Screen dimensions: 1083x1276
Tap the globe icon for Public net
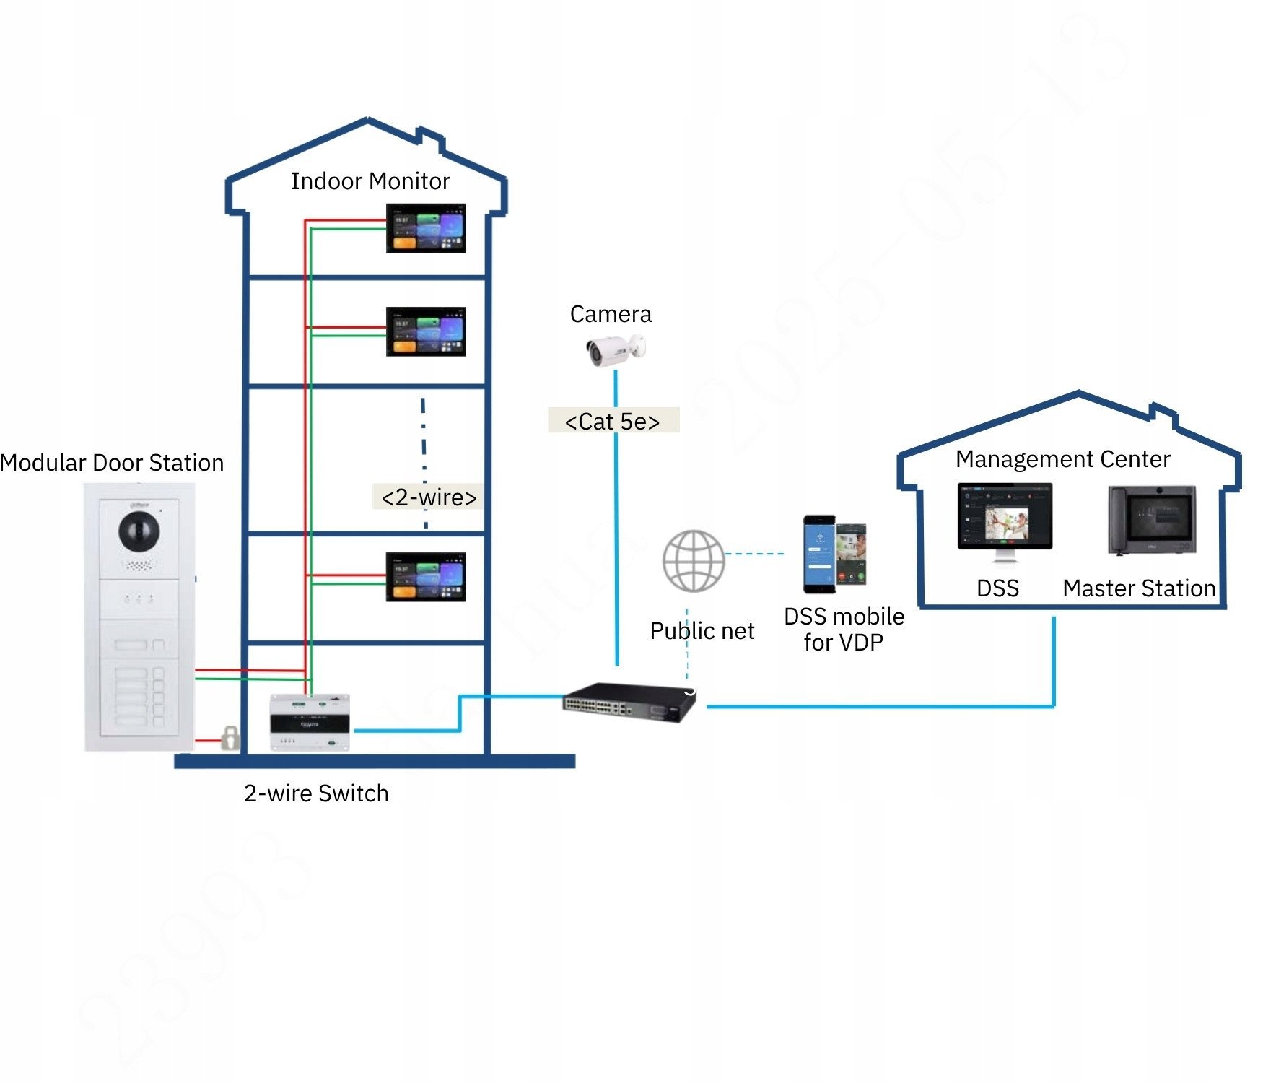[693, 561]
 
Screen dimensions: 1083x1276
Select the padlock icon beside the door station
[230, 738]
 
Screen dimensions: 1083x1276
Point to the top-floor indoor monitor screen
[426, 228]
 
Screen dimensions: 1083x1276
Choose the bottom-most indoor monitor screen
[426, 577]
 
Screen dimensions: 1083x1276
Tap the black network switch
[628, 701]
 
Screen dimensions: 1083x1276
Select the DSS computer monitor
[1005, 518]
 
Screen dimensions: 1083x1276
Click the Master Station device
[1152, 520]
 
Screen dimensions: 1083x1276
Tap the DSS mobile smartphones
[834, 554]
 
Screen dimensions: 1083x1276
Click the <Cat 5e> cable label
[613, 421]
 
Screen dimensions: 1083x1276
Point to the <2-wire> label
[429, 497]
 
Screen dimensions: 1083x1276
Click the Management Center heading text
[1062, 459]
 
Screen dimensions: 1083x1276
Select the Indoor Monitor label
[370, 181]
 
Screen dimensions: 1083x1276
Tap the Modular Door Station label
[112, 463]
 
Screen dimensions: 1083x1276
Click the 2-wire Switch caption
[316, 793]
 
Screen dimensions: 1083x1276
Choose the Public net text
[702, 631]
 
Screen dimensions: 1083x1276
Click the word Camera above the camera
[611, 314]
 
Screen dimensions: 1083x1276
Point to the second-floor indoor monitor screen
[426, 331]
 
